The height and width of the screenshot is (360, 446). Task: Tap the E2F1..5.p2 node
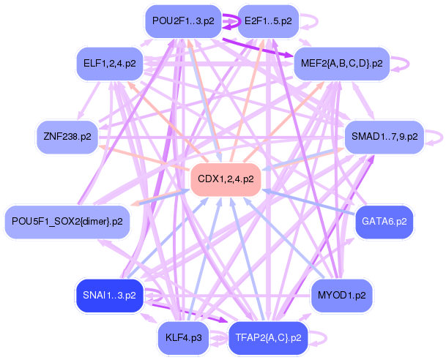pos(269,20)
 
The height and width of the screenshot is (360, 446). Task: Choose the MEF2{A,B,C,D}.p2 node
pos(341,64)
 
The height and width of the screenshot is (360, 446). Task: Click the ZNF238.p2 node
pos(67,137)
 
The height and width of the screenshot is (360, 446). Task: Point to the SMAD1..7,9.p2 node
pos(384,137)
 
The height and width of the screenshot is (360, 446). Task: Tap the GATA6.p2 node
pos(384,220)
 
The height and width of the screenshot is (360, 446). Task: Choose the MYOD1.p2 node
pos(342,296)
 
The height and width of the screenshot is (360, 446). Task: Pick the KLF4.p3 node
pos(184,337)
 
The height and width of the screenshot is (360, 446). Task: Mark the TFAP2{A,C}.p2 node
pos(269,337)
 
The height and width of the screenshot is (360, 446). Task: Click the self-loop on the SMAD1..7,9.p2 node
pos(436,137)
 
